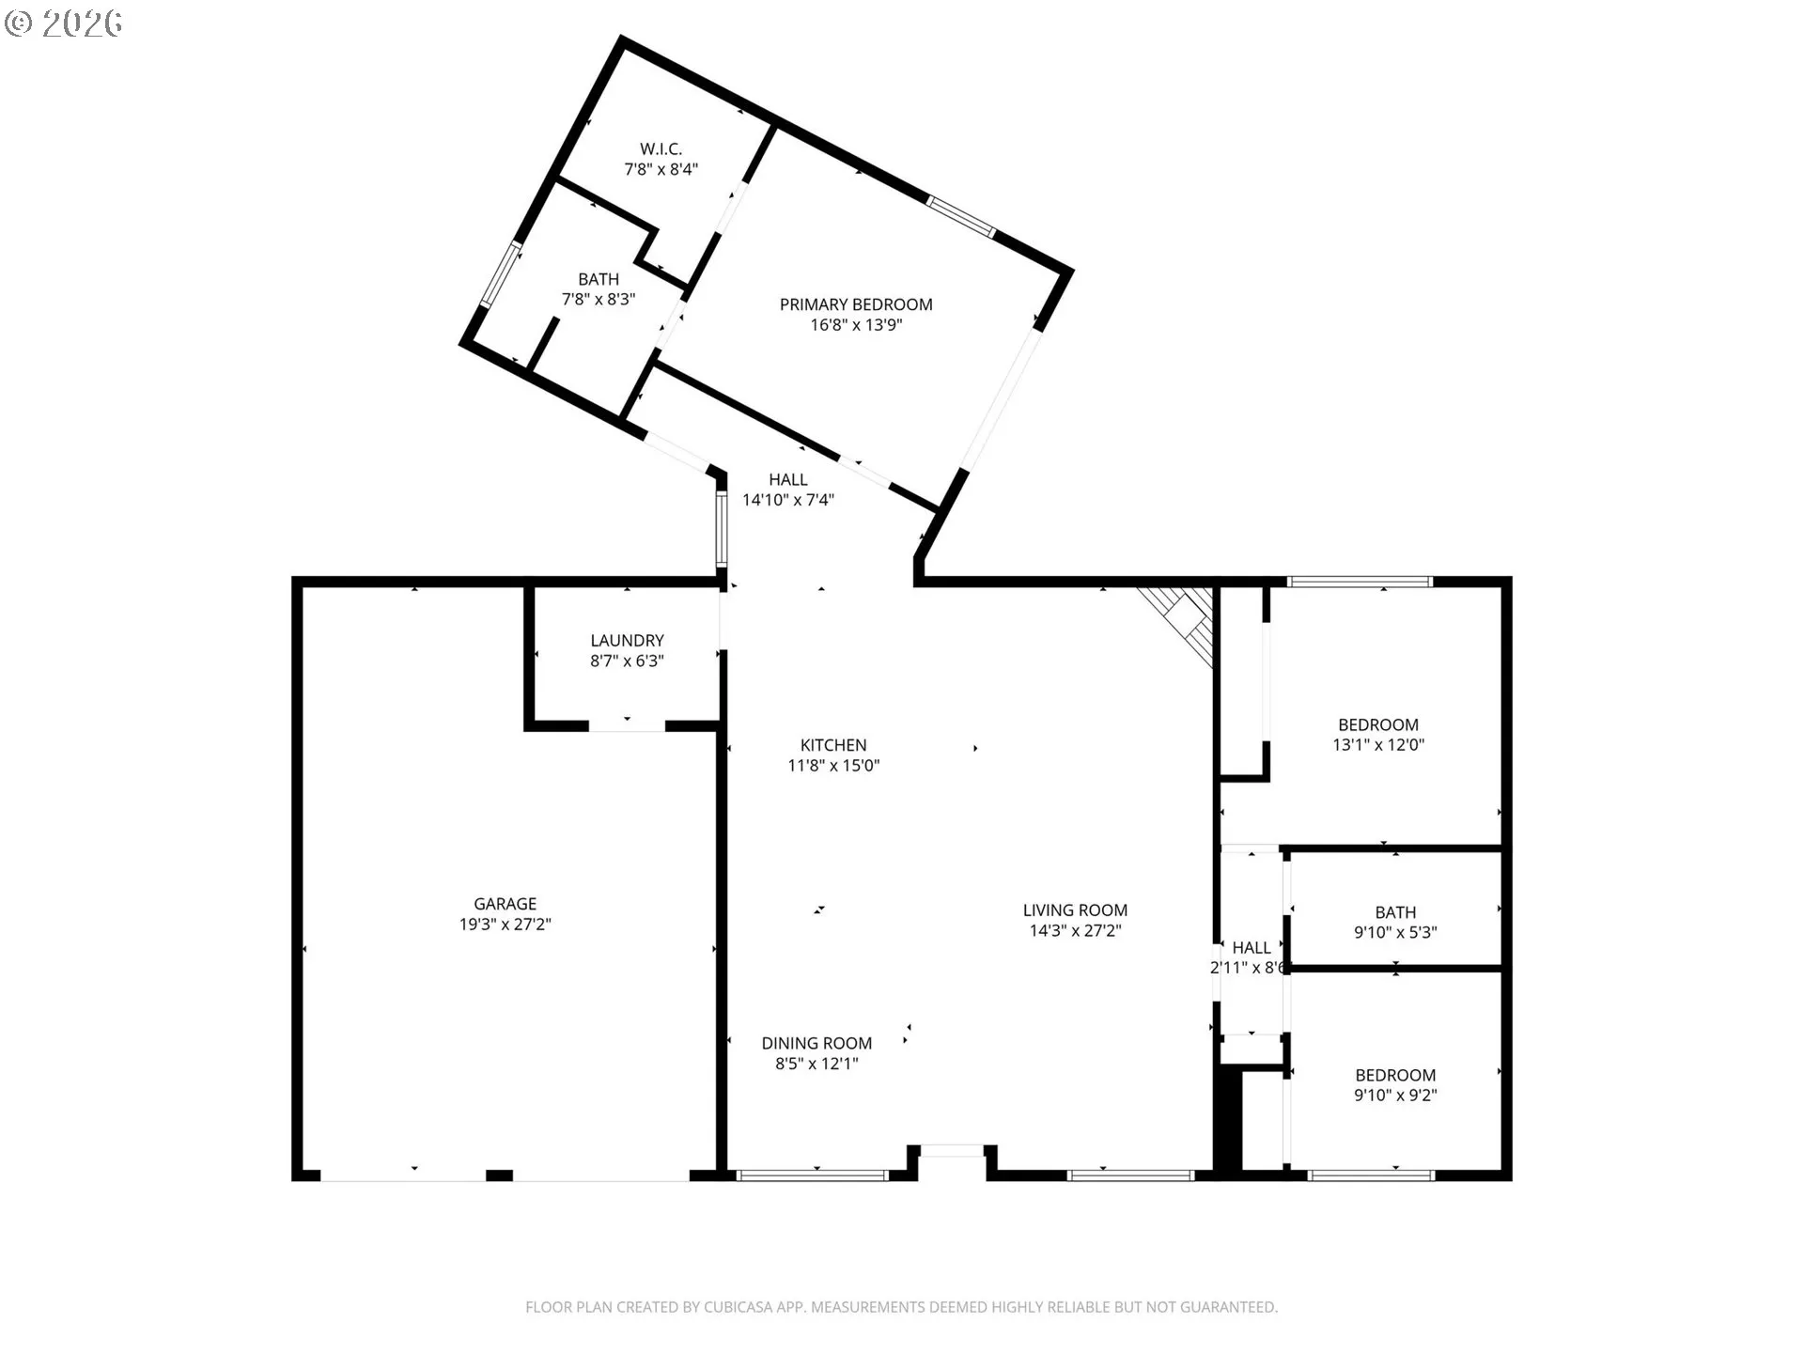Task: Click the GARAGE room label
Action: coord(505,904)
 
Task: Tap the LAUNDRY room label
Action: coord(627,641)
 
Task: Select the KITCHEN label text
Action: coord(833,745)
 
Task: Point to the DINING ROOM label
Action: coord(816,1043)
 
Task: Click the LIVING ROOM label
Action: coord(1075,910)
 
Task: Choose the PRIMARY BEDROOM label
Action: coord(856,304)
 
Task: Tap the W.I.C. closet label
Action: coord(661,148)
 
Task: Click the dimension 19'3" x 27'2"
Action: coord(505,925)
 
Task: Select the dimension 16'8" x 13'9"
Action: coord(856,325)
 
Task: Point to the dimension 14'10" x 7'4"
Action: coord(788,500)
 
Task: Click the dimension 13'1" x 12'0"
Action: coord(1378,745)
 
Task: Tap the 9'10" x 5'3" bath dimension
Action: coord(1395,932)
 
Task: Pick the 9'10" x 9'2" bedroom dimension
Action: coord(1395,1095)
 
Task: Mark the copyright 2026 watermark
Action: coord(64,23)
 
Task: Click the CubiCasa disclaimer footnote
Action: coord(901,1307)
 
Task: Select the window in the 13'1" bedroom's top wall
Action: coord(1360,582)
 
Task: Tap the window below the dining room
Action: coord(812,1174)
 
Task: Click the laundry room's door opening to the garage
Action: coord(627,725)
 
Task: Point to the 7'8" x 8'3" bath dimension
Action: coord(599,300)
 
